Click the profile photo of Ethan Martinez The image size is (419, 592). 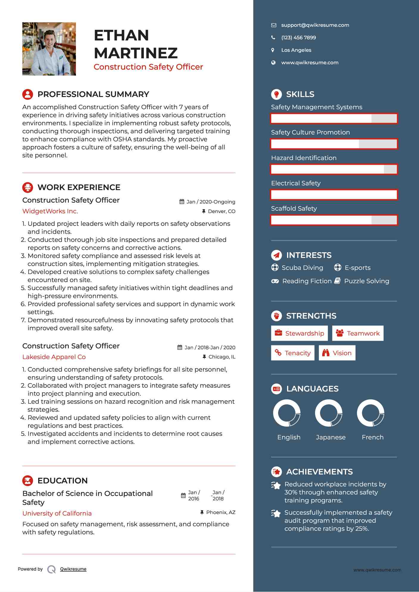coord(49,49)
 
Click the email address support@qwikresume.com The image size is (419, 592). coord(315,25)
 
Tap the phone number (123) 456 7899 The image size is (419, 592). coord(298,38)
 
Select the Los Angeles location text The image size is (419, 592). coord(296,50)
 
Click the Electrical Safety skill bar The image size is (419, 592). coord(334,195)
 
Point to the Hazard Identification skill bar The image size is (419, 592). coord(334,170)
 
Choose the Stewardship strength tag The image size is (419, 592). coord(299,333)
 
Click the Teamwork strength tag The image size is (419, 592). coord(358,333)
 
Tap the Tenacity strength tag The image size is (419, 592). coord(292,353)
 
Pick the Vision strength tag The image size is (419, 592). coord(337,353)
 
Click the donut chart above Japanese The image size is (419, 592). coord(329,413)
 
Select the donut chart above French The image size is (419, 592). coord(371,413)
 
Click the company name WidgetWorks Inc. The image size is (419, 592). coord(50,211)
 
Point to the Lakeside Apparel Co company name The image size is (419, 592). coord(54,357)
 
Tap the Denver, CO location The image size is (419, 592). coord(221,212)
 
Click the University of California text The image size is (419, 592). coord(57,513)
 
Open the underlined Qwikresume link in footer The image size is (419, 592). coord(73,569)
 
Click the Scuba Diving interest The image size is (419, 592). coord(302,268)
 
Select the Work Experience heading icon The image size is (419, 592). coord(28,187)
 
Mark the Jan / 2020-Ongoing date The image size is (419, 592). coord(211,202)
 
